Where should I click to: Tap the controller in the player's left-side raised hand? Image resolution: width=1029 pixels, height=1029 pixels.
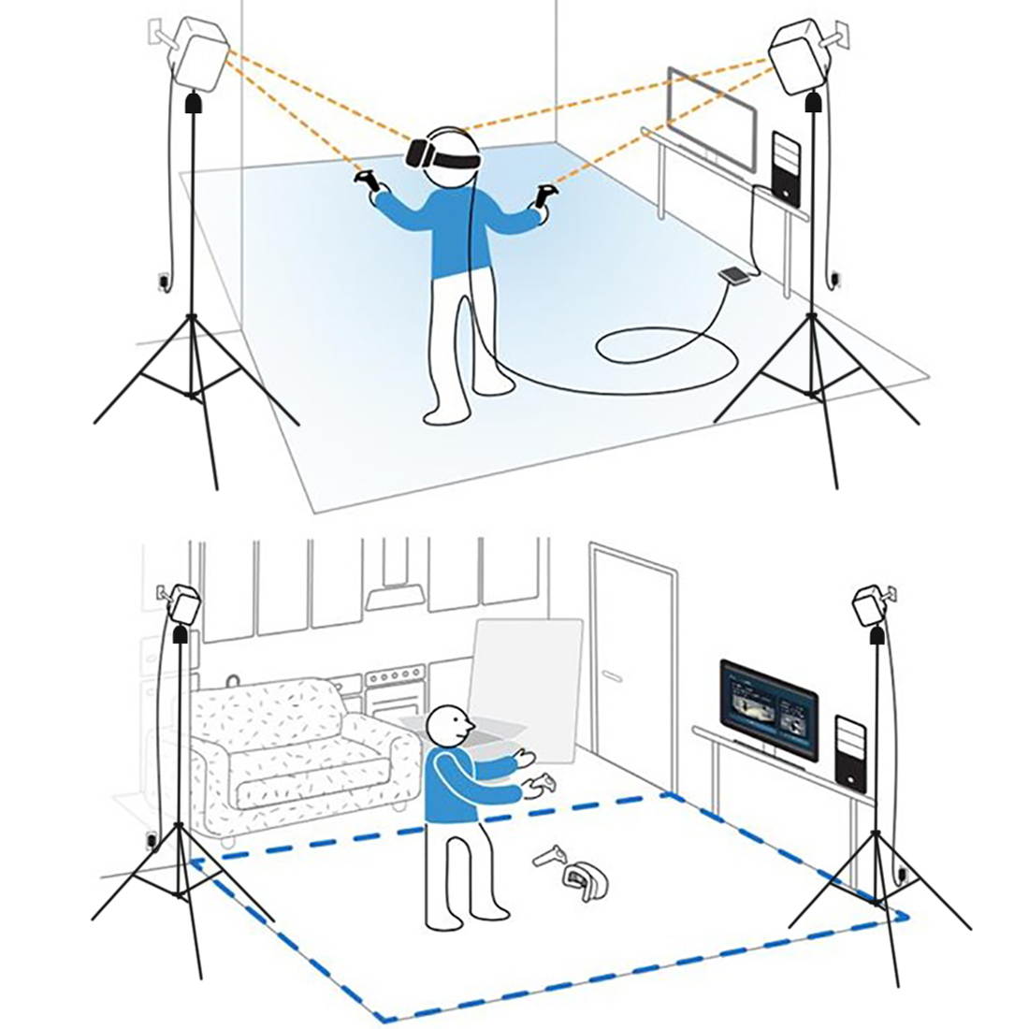pyautogui.click(x=369, y=182)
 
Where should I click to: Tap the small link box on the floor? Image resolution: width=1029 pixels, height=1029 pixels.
pyautogui.click(x=733, y=275)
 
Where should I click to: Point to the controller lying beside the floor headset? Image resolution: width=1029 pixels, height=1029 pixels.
pyautogui.click(x=551, y=855)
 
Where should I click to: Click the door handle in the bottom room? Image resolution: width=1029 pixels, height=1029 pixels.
pyautogui.click(x=612, y=673)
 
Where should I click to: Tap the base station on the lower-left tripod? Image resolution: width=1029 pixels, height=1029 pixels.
pyautogui.click(x=183, y=605)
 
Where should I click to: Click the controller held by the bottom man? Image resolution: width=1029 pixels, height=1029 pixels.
pyautogui.click(x=542, y=787)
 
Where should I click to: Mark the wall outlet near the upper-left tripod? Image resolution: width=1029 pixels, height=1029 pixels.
pyautogui.click(x=163, y=280)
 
